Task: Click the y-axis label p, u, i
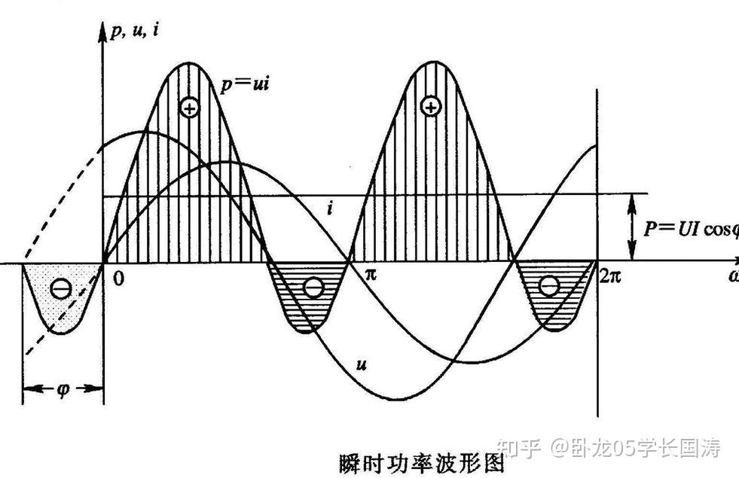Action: pos(136,31)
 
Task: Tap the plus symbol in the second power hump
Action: pos(430,107)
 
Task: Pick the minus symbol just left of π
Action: pos(313,287)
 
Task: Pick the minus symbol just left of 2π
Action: pos(549,286)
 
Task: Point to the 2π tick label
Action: pos(610,276)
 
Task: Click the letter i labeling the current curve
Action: pos(330,208)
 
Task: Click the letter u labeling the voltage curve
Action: pos(362,364)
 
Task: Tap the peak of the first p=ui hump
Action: pos(185,65)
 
